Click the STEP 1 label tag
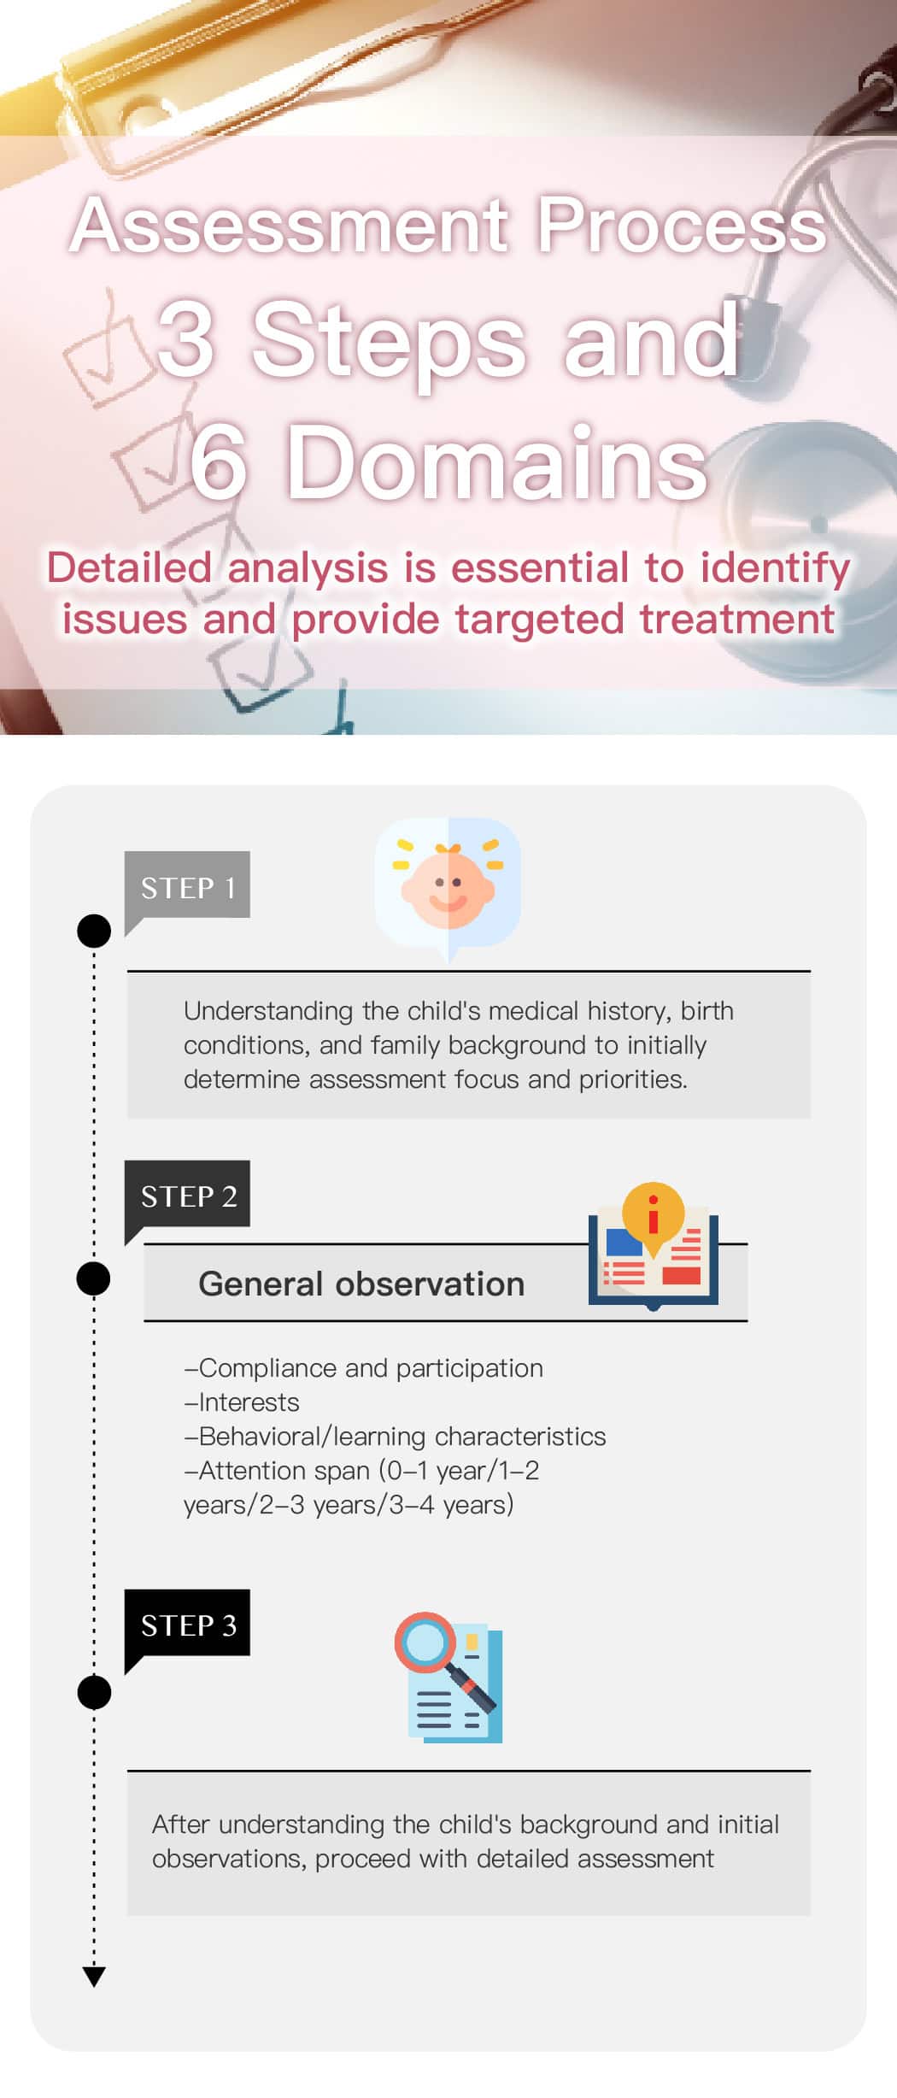click(187, 885)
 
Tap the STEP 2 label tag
click(187, 1195)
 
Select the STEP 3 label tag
click(187, 1624)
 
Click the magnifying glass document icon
click(448, 1677)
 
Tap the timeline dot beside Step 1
click(94, 931)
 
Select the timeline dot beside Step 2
click(94, 1278)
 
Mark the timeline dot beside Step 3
click(94, 1692)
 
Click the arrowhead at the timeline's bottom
click(94, 1976)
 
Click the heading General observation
click(361, 1284)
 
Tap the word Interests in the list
click(249, 1402)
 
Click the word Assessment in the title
click(290, 225)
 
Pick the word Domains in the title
click(496, 462)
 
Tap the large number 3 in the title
click(185, 339)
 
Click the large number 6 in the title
click(219, 462)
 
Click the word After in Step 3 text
click(181, 1825)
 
